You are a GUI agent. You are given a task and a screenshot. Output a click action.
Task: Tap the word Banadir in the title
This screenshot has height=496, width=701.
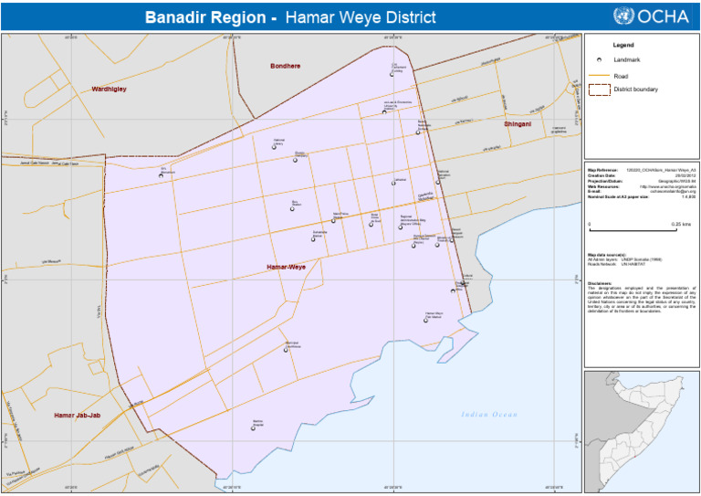tap(177, 17)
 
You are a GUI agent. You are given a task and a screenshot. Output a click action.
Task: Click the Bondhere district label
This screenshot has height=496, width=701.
tap(285, 66)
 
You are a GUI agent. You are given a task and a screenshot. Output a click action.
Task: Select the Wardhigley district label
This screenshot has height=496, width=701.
tap(109, 90)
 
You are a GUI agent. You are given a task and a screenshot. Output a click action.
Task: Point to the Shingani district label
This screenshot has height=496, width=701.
tap(518, 122)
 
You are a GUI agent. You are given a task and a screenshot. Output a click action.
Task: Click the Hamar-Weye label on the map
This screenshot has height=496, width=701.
tap(286, 267)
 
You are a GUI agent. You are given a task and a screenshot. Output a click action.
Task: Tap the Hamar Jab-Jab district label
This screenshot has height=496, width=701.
tap(77, 416)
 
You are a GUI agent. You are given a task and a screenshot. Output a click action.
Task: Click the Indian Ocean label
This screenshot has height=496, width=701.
tap(488, 415)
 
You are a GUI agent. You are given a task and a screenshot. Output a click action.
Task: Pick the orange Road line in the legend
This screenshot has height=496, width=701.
tap(599, 75)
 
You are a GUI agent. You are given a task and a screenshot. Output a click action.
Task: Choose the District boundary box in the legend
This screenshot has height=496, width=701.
tap(599, 90)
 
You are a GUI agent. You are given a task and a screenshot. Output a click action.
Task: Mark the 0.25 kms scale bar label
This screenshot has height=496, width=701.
tap(680, 224)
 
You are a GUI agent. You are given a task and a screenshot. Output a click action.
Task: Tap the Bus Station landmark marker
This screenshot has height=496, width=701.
tap(294, 207)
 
